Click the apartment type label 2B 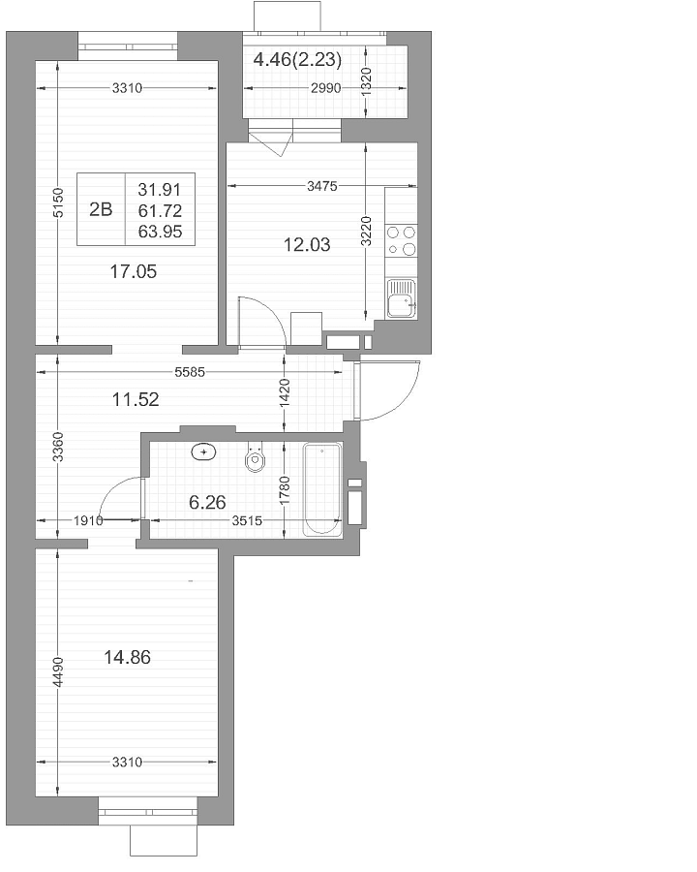tap(101, 209)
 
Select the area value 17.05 tap(134, 271)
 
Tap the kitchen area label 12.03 tap(307, 244)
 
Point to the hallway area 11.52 tap(136, 399)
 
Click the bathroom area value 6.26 tap(207, 502)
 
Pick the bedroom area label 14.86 tap(127, 657)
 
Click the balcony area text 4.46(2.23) tap(297, 59)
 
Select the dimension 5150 tap(58, 202)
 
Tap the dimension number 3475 tap(322, 186)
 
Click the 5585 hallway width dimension tap(190, 372)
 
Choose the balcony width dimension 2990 tap(325, 88)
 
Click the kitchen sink tap(402, 298)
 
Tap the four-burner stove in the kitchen tap(402, 240)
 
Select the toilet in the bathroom tap(256, 456)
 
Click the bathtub tap(321, 489)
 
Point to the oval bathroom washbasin tap(204, 452)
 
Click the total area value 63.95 tap(160, 232)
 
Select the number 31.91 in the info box tap(160, 190)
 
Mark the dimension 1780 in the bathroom tap(285, 490)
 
